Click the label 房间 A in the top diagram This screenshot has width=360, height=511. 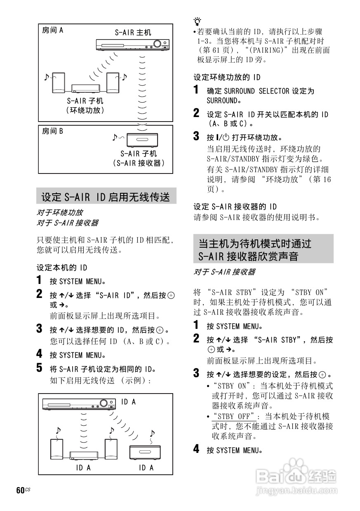[x=53, y=30]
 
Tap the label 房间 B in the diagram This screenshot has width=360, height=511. [x=53, y=131]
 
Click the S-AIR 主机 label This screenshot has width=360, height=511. [x=133, y=32]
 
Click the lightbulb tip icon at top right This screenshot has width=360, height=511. [x=198, y=21]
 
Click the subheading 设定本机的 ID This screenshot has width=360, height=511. [x=62, y=268]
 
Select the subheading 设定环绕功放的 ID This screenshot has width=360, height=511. [x=227, y=77]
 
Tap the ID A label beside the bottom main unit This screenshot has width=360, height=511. [x=128, y=402]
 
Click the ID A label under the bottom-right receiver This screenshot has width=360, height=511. [x=146, y=468]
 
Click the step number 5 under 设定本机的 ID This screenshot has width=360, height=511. [x=40, y=367]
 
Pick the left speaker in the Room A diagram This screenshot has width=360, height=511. [x=59, y=83]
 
